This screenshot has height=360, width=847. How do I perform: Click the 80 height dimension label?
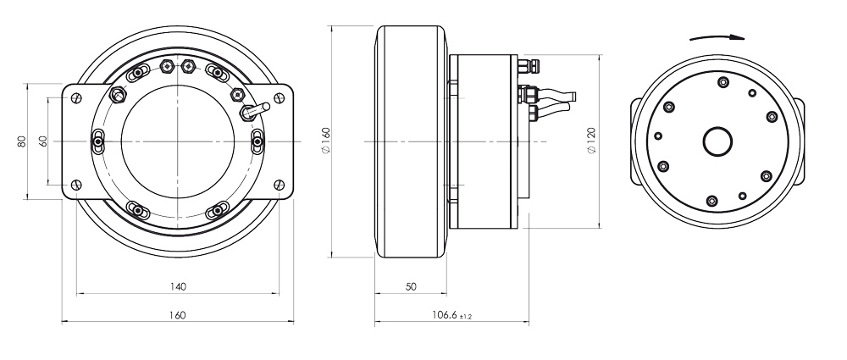[x=22, y=141]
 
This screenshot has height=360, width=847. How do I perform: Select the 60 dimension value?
[x=42, y=141]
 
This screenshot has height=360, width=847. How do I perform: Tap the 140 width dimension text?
[x=177, y=286]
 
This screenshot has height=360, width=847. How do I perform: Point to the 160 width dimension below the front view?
[x=177, y=314]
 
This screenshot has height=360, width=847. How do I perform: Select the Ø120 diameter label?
[x=590, y=141]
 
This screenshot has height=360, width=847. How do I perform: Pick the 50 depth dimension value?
[x=411, y=287]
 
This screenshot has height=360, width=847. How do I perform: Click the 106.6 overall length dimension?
[x=440, y=315]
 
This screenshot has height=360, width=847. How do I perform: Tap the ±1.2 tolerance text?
[x=464, y=317]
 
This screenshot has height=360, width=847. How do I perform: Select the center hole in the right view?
[x=718, y=141]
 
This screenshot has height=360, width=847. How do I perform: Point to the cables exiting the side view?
[x=555, y=103]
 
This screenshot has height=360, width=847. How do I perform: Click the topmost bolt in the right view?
[x=722, y=82]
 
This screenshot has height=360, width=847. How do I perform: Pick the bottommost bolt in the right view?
[x=711, y=201]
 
